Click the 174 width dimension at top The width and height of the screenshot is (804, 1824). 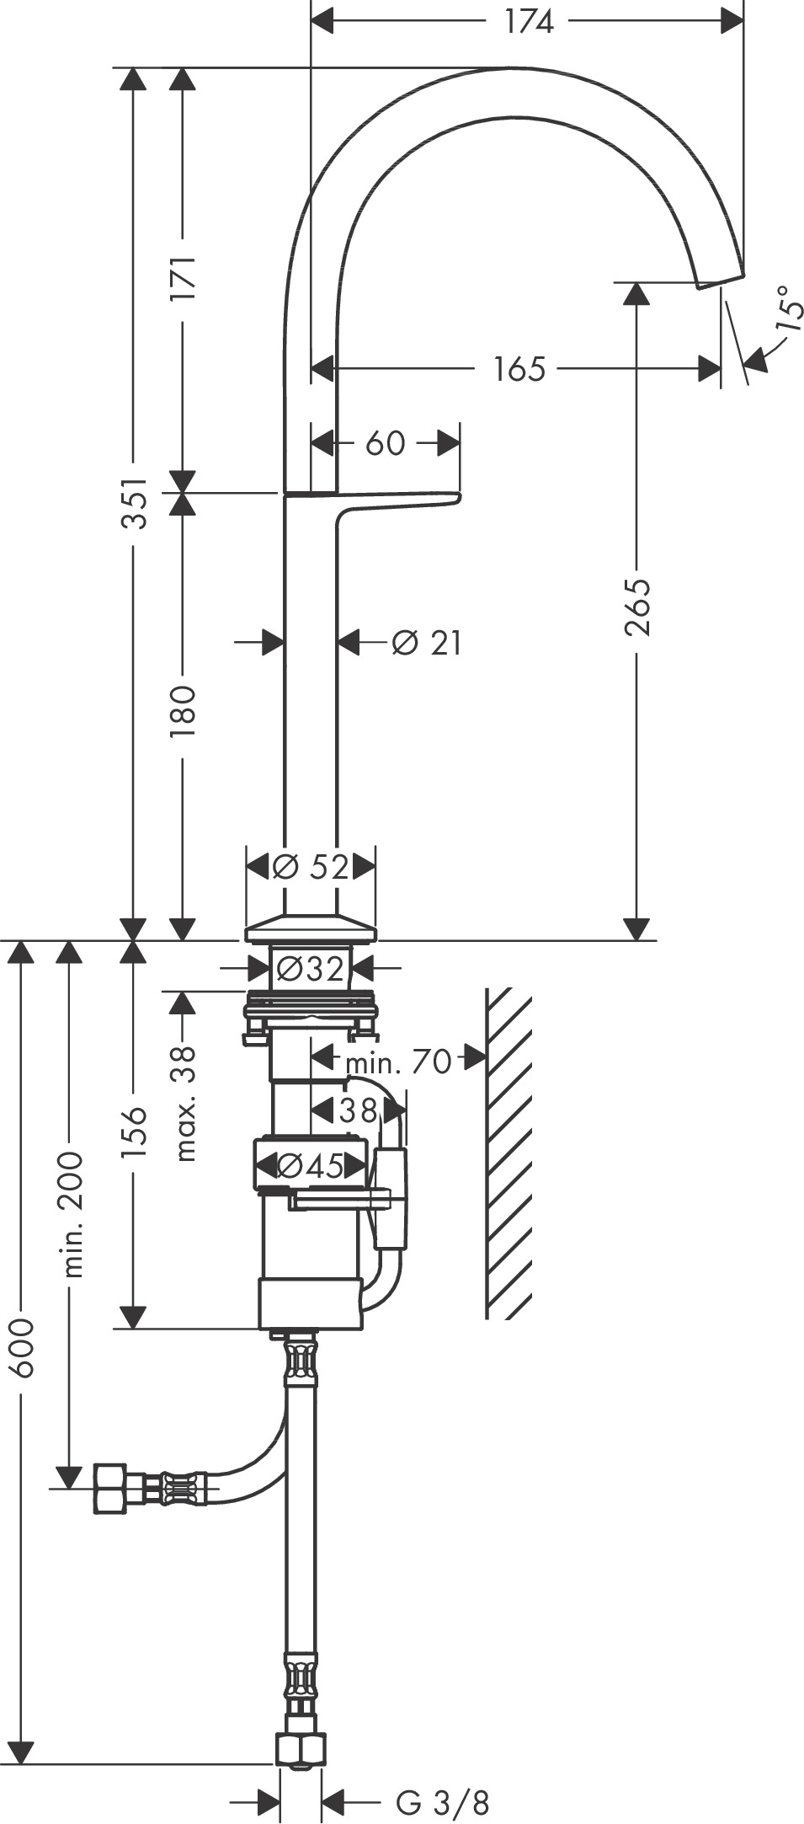pos(529,21)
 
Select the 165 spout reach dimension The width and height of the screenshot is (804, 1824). pos(519,368)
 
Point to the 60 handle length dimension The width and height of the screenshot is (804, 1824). pos(386,442)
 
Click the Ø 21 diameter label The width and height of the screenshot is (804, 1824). pos(427,643)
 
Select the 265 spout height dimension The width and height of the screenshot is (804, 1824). pos(637,607)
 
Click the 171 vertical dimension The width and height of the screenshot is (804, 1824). pos(183,278)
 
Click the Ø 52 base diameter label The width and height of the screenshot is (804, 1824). pos(311,866)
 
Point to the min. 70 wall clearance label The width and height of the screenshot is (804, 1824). pos(398,1062)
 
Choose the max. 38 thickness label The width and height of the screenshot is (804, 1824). pos(183,1103)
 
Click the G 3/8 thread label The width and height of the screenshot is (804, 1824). pos(442,1802)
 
